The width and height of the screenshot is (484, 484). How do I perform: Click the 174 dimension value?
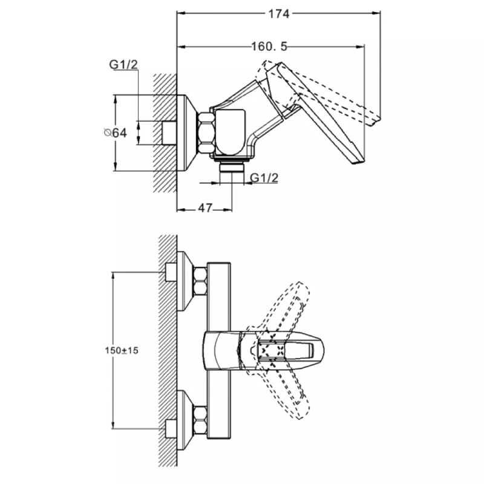(278, 13)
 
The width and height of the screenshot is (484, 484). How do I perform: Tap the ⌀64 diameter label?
(114, 133)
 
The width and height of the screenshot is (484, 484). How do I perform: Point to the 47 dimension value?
(205, 208)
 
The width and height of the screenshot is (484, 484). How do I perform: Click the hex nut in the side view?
(206, 132)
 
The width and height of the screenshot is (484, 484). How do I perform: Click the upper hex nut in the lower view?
(199, 283)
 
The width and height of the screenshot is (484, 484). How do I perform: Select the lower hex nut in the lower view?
(199, 418)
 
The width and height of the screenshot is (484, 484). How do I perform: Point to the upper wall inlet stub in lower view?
(171, 273)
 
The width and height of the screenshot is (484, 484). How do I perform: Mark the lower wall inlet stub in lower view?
(171, 428)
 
